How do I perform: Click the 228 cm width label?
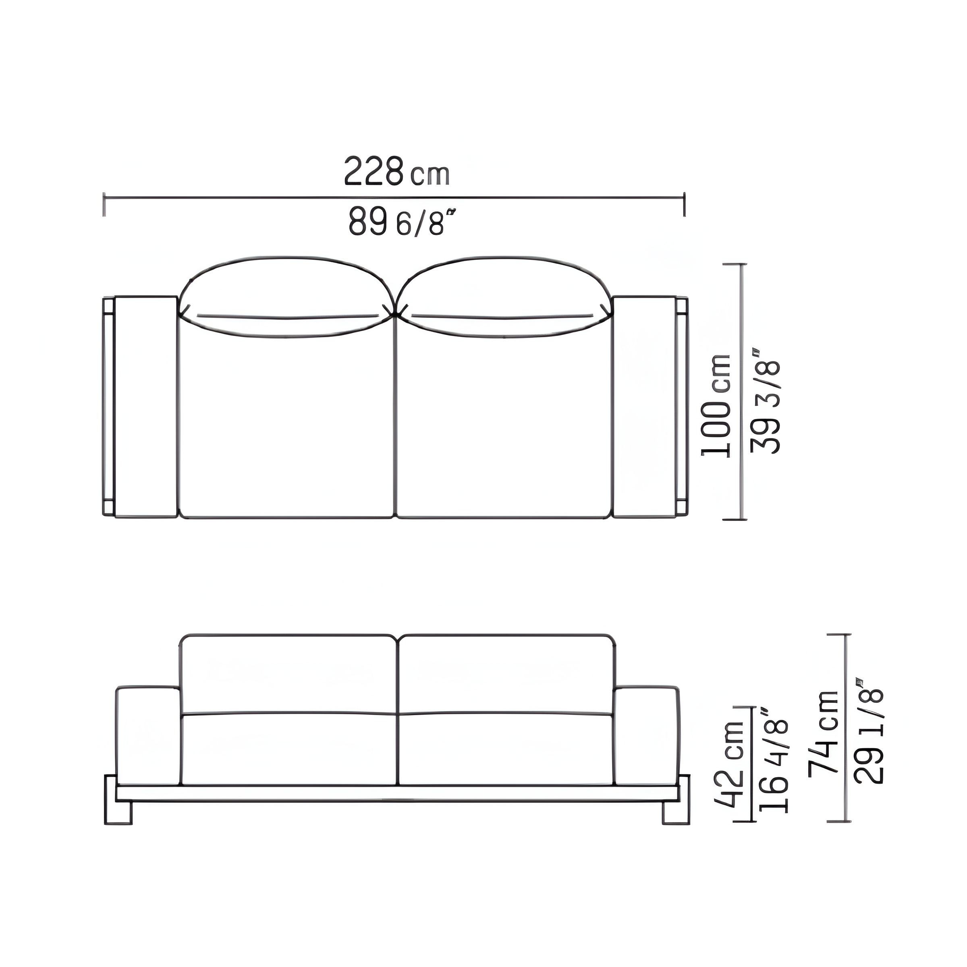[x=396, y=171]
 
